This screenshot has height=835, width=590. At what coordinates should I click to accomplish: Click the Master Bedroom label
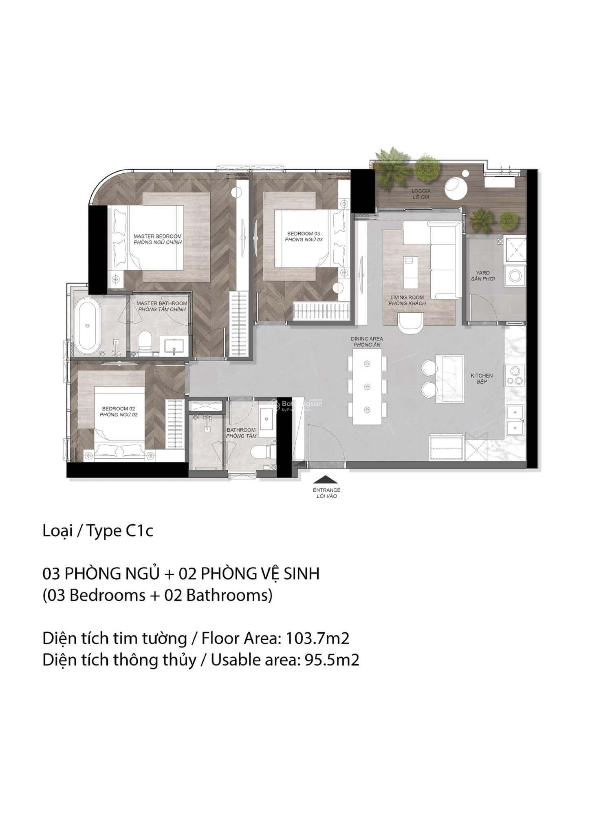coord(157,239)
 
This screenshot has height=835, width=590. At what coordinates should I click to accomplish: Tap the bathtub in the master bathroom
coord(88,326)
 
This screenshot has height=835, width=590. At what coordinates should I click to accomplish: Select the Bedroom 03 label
coord(304,236)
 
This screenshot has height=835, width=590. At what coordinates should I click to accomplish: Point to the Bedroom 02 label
coord(119,411)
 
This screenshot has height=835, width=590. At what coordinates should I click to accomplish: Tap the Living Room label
coord(407,300)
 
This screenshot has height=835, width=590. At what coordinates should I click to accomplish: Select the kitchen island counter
coord(449,379)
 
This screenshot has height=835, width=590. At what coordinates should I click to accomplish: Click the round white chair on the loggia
coord(457,187)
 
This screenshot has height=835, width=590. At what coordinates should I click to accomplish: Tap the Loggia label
coord(421,194)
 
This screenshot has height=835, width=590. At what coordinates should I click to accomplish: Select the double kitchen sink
coord(515,420)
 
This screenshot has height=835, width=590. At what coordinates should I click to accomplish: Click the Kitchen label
coord(482,378)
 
